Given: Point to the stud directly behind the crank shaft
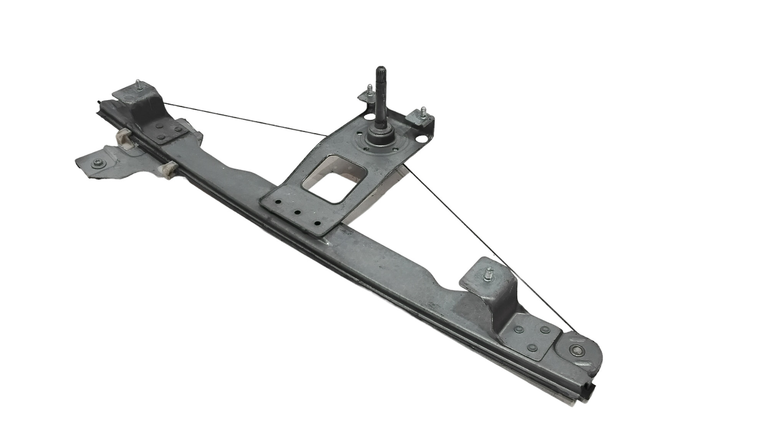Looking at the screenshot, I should coord(370,91).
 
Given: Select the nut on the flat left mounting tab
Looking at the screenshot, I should coord(95,164).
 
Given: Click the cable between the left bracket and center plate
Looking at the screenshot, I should coord(246,119).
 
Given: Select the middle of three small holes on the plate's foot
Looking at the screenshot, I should coord(297,212).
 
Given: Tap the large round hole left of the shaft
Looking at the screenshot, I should coord(368,116).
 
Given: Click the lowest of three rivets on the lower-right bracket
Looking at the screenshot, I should coord(533,347).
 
